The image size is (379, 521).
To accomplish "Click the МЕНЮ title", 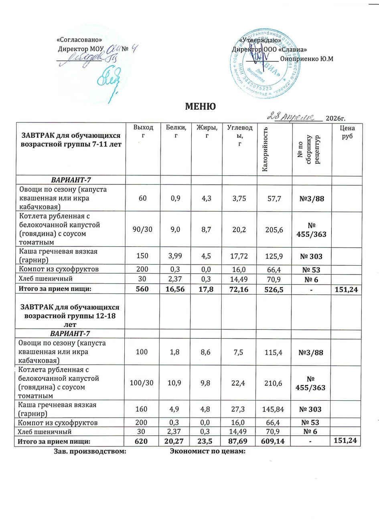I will click(200, 106).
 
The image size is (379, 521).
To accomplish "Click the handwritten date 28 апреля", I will click(294, 116).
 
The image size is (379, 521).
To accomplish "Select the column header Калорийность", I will click(264, 149).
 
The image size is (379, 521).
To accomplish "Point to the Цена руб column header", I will click(347, 132).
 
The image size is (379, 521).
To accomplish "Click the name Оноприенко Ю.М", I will click(306, 59).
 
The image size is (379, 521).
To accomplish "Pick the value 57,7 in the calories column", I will click(274, 198).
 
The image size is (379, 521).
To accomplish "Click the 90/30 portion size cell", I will click(143, 229).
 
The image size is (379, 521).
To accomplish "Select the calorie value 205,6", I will click(274, 229).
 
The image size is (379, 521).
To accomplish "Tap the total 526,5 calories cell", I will click(274, 289).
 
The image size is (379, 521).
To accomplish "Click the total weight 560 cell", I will click(142, 289).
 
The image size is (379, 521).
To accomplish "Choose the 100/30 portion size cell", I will click(142, 383).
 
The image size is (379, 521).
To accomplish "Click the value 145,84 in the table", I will click(274, 409).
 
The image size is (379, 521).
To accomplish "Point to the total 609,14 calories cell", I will click(274, 441).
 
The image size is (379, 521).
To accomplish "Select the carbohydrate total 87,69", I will click(239, 441).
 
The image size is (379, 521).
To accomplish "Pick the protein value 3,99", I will click(176, 256).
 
